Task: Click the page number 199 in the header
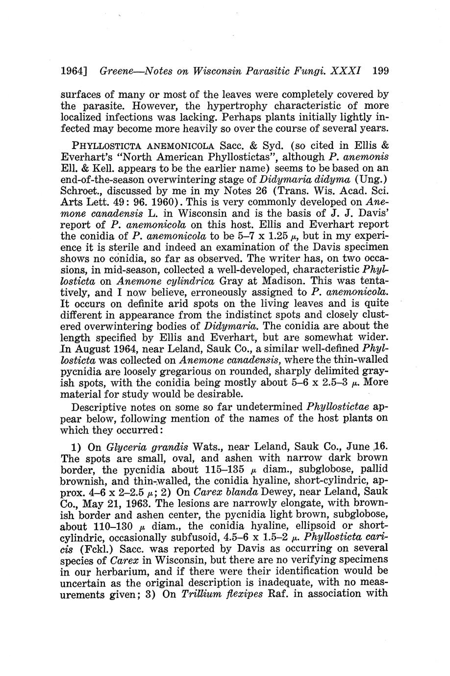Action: point(380,71)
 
